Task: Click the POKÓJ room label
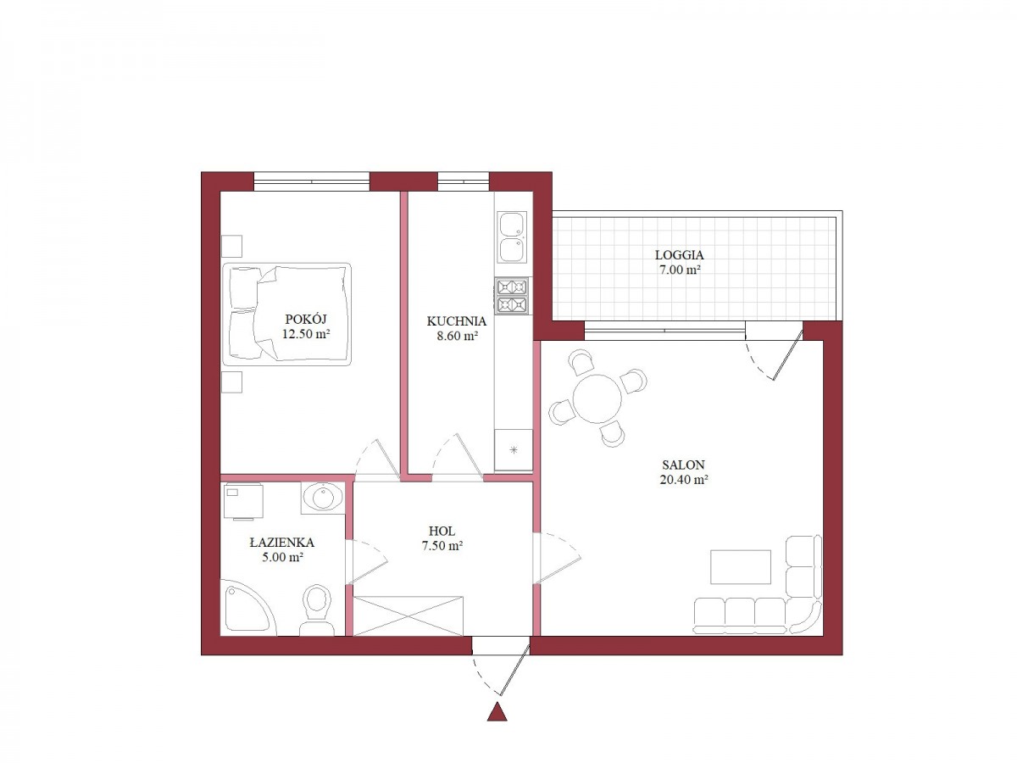[306, 319]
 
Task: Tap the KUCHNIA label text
[456, 321]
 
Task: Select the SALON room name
[683, 465]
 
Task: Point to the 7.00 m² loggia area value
[680, 270]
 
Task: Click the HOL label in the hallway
[442, 531]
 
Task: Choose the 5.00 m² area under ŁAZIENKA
[282, 557]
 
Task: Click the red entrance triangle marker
[497, 712]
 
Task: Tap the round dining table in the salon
[597, 398]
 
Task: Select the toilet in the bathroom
[317, 610]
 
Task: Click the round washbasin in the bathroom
[323, 498]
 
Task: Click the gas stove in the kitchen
[513, 296]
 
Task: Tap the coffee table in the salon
[741, 567]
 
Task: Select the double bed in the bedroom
[286, 315]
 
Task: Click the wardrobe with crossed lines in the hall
[408, 615]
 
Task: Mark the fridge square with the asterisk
[514, 450]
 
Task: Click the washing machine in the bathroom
[243, 501]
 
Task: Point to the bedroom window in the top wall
[311, 181]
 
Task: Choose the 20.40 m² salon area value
[684, 480]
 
